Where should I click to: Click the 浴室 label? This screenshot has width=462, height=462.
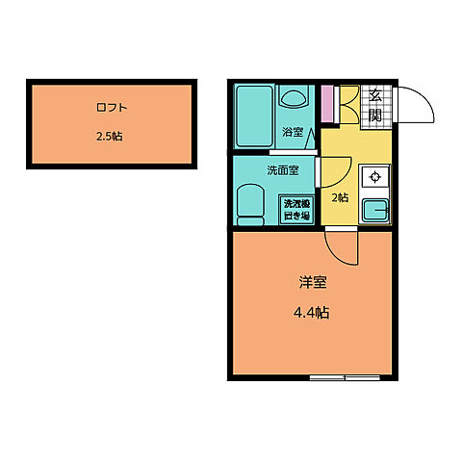292,131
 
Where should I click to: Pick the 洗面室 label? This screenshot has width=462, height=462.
282,171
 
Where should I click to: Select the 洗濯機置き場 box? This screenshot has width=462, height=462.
295,209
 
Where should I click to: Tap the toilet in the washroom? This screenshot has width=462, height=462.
252,204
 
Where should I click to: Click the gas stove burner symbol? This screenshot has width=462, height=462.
373,176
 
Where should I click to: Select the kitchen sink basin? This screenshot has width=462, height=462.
373,210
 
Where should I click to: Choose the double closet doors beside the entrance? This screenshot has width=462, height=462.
347,103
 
